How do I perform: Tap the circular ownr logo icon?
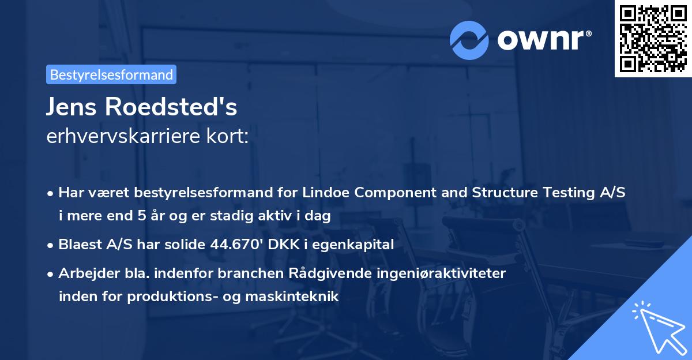point(469,40)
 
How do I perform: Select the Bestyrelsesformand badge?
point(111,74)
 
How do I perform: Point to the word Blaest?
point(78,245)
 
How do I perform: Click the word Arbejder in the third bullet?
point(84,273)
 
